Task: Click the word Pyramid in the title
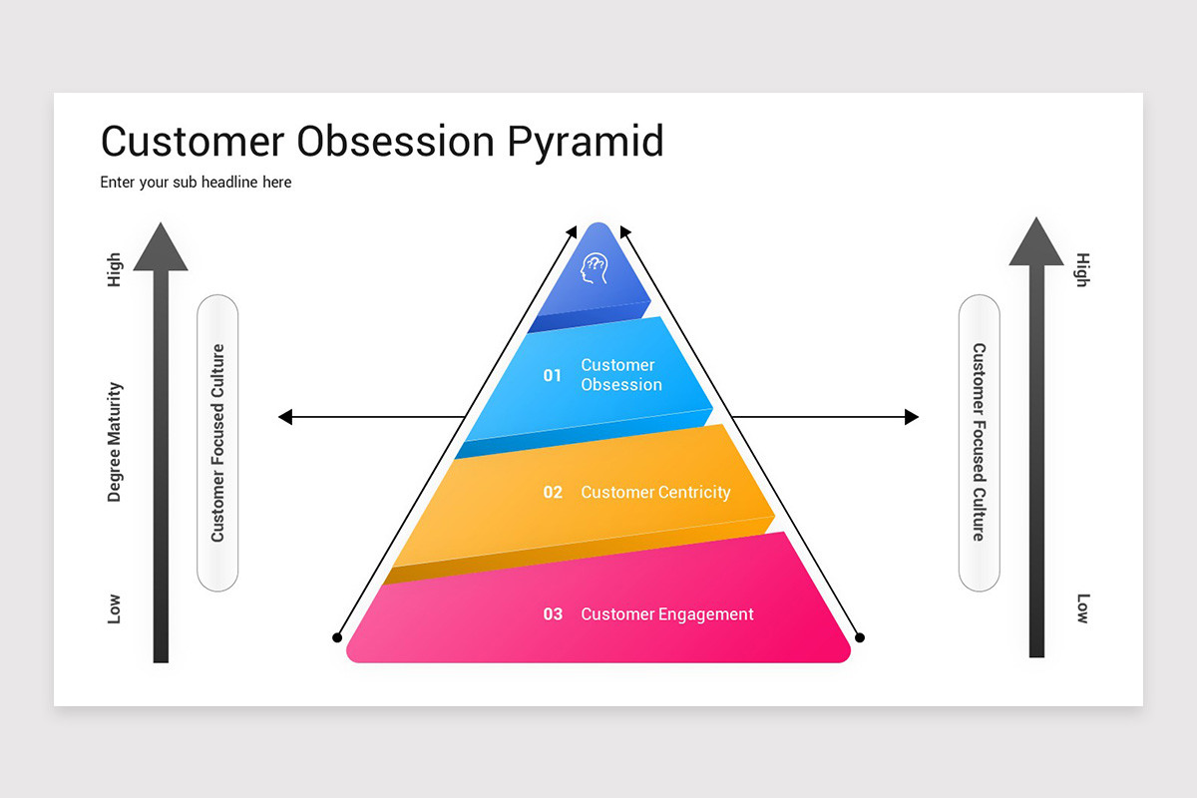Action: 585,142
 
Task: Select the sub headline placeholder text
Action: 196,183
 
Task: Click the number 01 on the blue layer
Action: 553,375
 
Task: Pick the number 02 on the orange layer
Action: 553,492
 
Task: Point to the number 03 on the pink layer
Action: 553,614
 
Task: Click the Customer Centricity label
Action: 655,492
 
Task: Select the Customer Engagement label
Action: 667,614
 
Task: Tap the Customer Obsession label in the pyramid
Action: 620,375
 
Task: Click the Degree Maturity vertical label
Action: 115,442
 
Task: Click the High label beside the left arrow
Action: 115,270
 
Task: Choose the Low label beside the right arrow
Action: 1082,608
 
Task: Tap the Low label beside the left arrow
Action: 115,608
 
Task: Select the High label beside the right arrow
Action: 1082,270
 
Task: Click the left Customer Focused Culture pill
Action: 217,443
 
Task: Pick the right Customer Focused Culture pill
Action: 979,443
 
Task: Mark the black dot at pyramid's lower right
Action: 860,636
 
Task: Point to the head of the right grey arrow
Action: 1036,242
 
